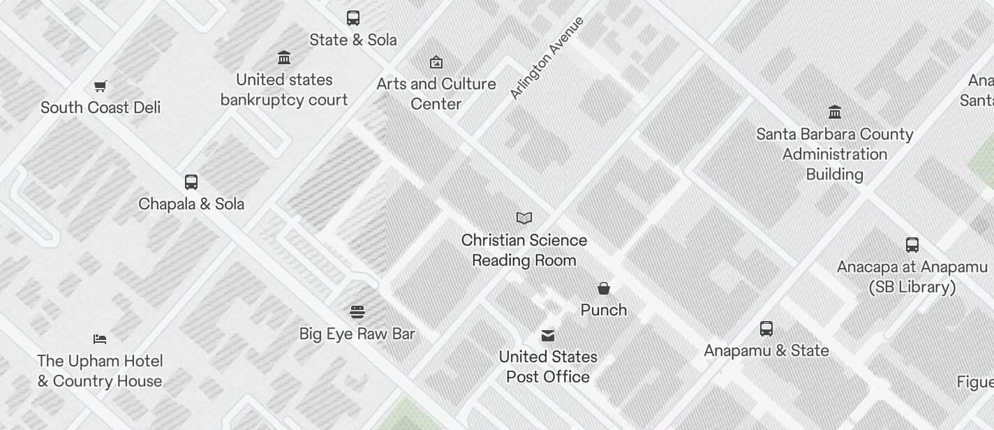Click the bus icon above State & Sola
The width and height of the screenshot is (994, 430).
353,18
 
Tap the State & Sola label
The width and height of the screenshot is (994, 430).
353,40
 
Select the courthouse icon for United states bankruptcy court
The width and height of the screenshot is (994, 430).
284,57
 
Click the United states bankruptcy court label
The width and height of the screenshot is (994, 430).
284,89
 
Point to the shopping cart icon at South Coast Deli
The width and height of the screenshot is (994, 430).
101,86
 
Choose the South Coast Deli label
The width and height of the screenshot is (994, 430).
101,107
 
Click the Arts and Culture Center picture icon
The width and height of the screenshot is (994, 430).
436,62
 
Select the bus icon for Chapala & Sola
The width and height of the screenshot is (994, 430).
191,182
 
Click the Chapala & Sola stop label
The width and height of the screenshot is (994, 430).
191,204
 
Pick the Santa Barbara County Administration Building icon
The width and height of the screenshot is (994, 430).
835,112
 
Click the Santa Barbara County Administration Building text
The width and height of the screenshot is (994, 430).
835,154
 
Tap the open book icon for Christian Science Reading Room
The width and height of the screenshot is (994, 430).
524,218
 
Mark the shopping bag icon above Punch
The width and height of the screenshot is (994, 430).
604,288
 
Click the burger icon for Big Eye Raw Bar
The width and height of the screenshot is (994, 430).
357,311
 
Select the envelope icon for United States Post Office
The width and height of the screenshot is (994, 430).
548,336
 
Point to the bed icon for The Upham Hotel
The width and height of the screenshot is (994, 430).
100,339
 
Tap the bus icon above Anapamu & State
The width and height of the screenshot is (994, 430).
766,329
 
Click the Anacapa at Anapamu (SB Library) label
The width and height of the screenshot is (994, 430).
912,276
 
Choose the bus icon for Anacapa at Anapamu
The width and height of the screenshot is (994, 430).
912,245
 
